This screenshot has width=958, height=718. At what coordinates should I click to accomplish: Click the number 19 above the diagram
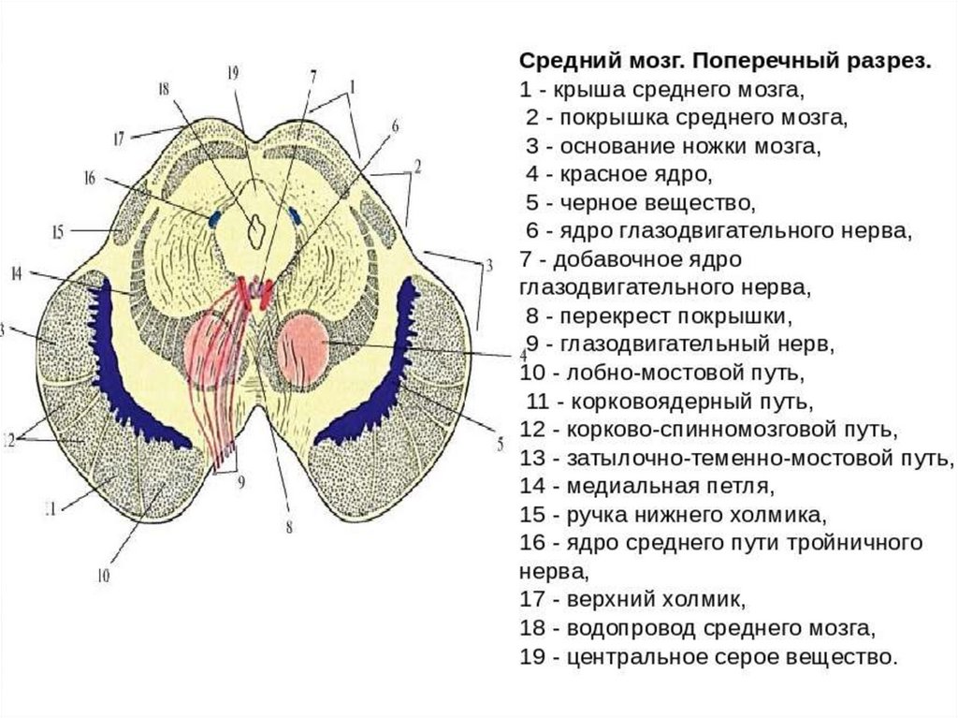pos(234,72)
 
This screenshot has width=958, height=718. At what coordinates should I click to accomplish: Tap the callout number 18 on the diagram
pos(164,90)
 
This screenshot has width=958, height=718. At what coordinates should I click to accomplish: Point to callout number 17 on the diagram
pos(118,138)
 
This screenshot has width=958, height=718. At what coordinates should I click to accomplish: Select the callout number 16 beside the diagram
pos(90,177)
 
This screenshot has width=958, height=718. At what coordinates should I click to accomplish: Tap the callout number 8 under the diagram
pos(289,527)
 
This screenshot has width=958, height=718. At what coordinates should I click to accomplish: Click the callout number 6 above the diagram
pos(395,125)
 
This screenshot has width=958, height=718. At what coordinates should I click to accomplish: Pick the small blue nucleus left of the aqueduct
pos(215,219)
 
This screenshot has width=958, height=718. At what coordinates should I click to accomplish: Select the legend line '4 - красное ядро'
pos(618,175)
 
